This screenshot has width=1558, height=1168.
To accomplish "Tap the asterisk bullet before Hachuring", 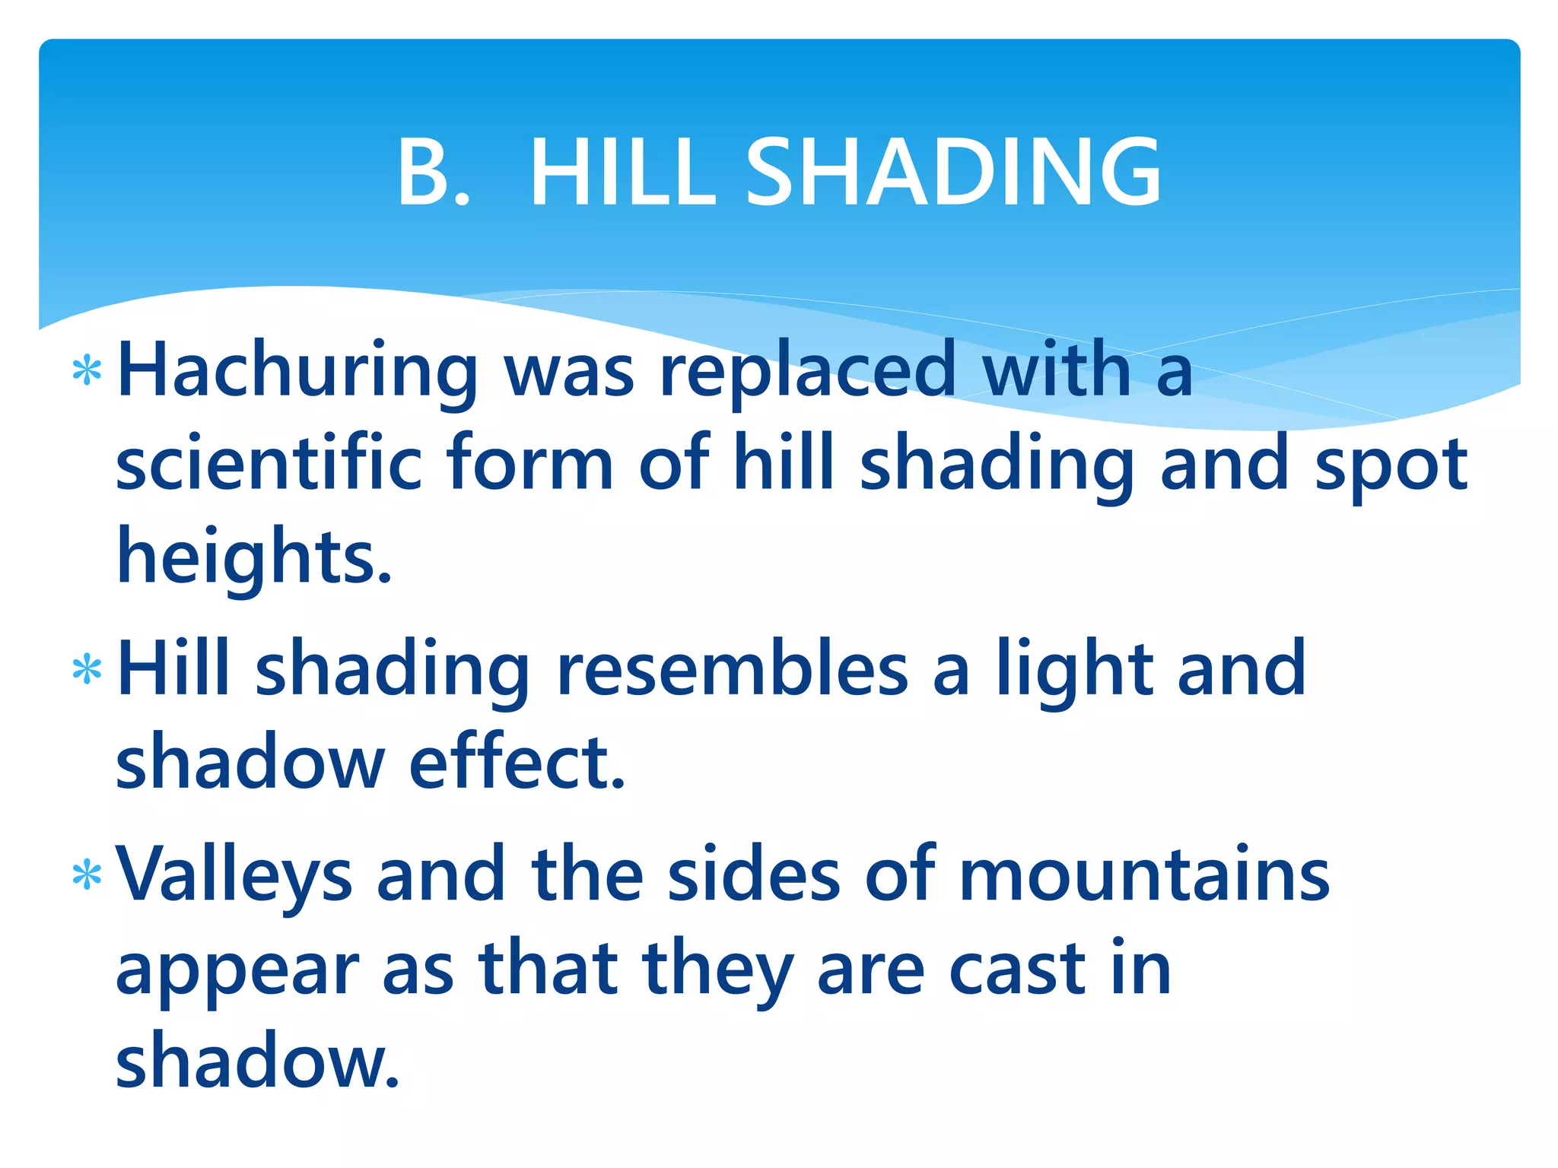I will point(87,371).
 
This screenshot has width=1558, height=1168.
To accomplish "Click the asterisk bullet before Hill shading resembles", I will point(87,670).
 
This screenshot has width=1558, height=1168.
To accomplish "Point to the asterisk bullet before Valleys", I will point(87,875).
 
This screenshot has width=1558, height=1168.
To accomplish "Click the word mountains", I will point(1143,874).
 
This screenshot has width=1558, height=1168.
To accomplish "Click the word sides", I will point(754,874).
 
